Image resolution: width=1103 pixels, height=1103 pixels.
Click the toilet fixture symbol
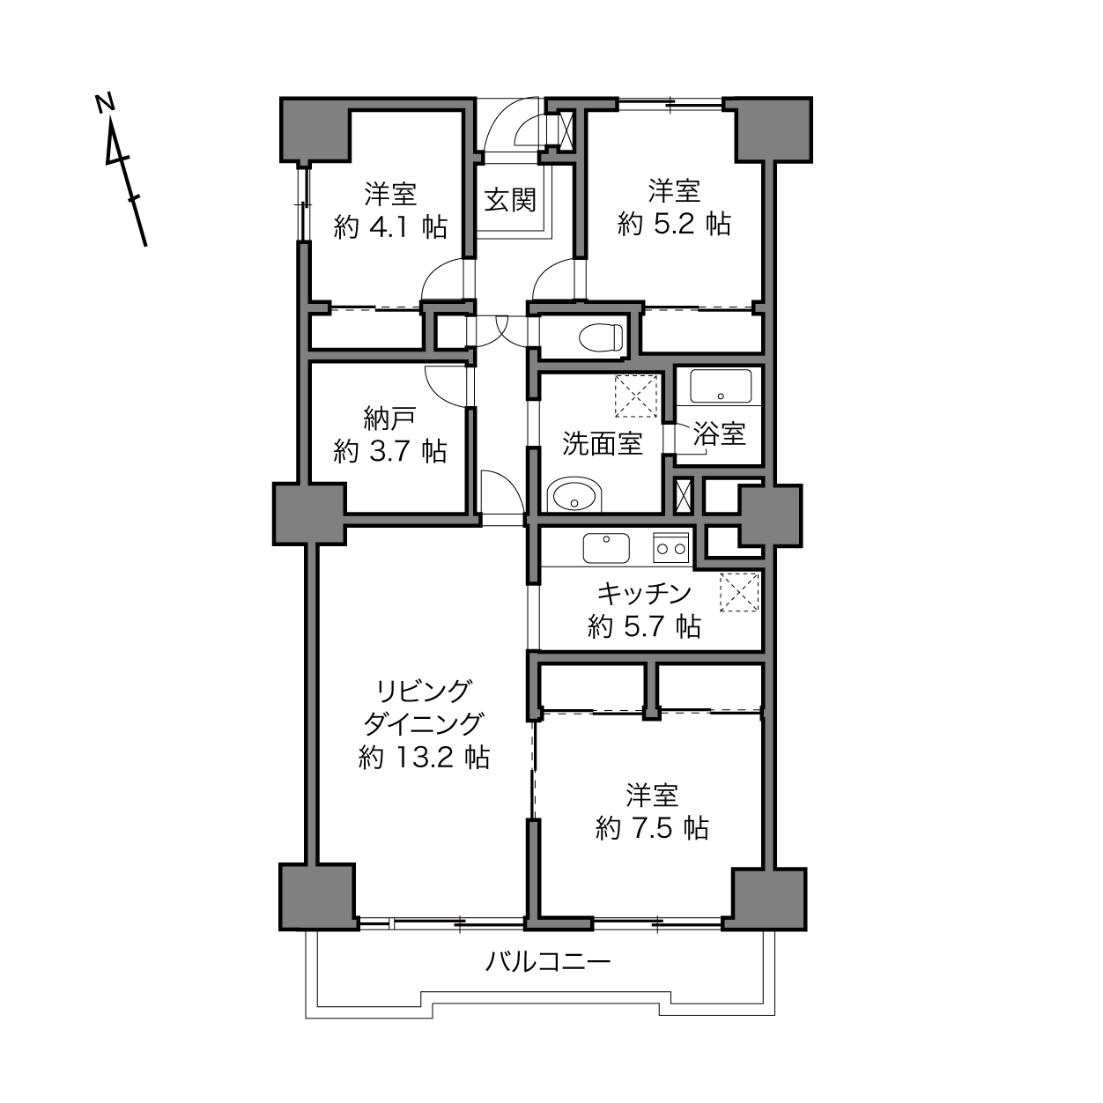pyautogui.click(x=601, y=337)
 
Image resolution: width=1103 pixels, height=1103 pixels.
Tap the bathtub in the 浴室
pyautogui.click(x=721, y=386)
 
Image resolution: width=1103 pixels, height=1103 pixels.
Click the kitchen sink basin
pyautogui.click(x=606, y=548)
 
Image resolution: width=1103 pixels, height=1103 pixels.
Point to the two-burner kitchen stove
pyautogui.click(x=670, y=547)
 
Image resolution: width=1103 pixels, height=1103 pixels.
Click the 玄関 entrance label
pyautogui.click(x=510, y=200)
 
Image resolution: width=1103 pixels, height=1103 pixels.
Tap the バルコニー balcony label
pyautogui.click(x=548, y=962)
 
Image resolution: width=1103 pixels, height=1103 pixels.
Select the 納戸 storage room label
pyautogui.click(x=389, y=418)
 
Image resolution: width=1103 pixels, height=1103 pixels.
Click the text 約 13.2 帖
pyautogui.click(x=424, y=758)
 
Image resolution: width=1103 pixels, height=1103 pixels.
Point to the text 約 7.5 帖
pyautogui.click(x=652, y=827)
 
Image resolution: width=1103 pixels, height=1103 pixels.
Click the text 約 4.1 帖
pyautogui.click(x=390, y=227)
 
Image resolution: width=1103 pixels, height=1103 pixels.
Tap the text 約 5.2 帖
pyautogui.click(x=674, y=223)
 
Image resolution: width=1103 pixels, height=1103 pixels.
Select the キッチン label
pyautogui.click(x=644, y=594)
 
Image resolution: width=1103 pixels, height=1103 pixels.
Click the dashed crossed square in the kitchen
pyautogui.click(x=739, y=592)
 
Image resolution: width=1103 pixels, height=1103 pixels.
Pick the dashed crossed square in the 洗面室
pyautogui.click(x=636, y=396)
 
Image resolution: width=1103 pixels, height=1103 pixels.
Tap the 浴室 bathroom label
pyautogui.click(x=720, y=434)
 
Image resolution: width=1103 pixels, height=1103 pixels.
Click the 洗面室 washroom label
pyautogui.click(x=603, y=444)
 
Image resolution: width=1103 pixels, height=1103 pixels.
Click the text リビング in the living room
pyautogui.click(x=424, y=692)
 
